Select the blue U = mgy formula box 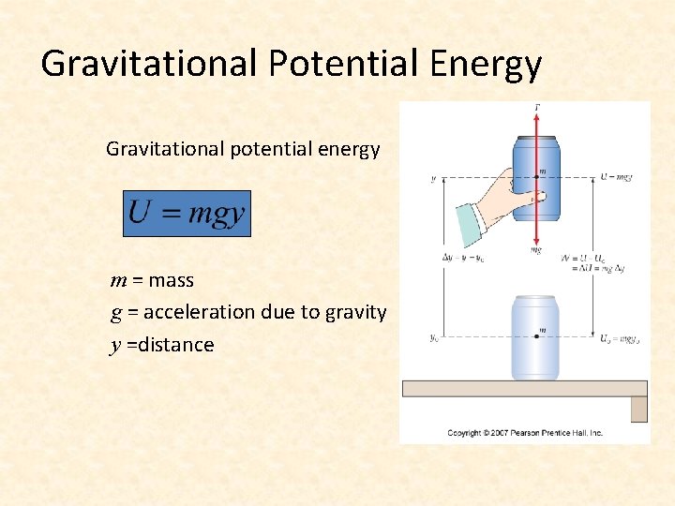(187, 214)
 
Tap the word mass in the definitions (171, 280)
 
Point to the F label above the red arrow (536, 108)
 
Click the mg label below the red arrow (536, 250)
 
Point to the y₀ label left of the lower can (433, 338)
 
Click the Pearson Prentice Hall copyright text (524, 433)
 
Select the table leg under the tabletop (638, 409)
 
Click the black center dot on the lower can (535, 336)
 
